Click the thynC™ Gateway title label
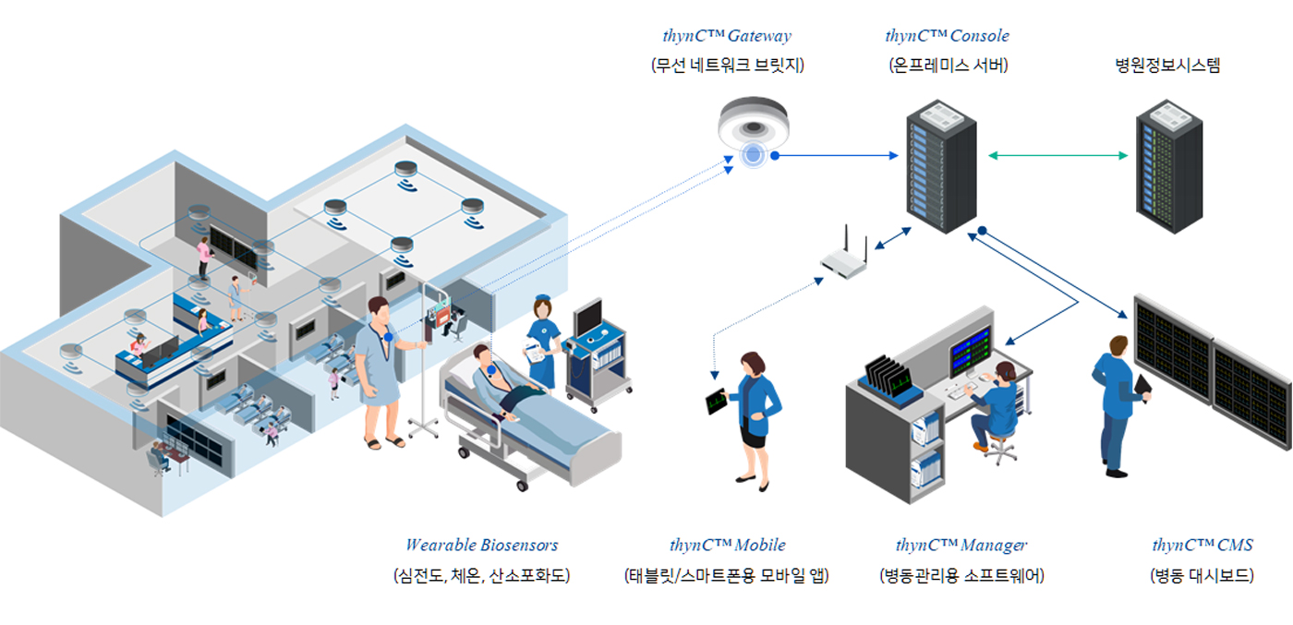pos(727,36)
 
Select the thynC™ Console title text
pos(947,36)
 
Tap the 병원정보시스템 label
pos(1167,66)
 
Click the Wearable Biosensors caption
pos(481,545)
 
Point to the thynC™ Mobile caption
pos(727,545)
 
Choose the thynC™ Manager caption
pos(961,545)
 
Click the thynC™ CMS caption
pos(1202,545)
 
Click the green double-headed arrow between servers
pos(1057,156)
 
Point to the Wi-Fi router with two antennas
pos(845,261)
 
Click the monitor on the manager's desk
pos(970,348)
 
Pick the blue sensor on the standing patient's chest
pos(390,338)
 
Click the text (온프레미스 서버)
pos(948,66)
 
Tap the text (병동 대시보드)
pos(1202,575)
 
